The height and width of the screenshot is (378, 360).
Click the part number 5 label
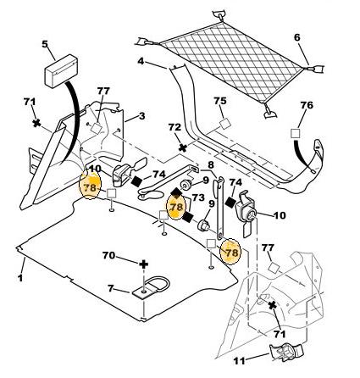46,44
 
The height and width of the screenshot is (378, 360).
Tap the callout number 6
297,37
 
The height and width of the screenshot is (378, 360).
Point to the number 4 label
141,61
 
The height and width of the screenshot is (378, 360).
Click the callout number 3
141,116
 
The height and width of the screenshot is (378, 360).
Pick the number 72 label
174,127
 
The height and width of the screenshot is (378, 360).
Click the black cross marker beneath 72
183,147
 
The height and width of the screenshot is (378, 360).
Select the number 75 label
220,101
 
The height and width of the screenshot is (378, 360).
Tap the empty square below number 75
225,124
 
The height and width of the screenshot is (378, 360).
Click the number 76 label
307,105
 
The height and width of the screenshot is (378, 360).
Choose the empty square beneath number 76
295,133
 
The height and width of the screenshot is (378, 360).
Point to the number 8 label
211,164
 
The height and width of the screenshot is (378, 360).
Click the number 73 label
198,197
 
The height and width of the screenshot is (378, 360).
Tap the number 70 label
108,255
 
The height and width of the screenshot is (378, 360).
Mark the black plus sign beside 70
144,264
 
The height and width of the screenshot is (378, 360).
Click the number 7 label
111,288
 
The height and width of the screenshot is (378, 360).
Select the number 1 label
20,278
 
